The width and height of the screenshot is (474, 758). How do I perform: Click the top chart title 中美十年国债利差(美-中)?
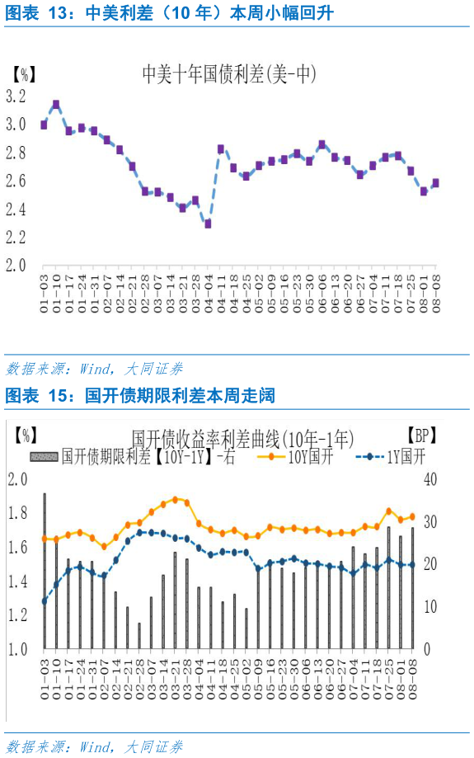[230, 75]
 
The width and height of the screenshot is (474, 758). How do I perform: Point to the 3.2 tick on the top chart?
[16, 97]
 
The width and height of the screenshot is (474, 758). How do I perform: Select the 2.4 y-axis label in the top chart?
[16, 209]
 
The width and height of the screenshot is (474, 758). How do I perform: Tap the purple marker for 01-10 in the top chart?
[56, 105]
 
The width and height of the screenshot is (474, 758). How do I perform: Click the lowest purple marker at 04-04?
[209, 224]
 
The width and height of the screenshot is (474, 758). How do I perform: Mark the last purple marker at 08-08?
[436, 183]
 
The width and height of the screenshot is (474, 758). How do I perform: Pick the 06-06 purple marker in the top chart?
[322, 145]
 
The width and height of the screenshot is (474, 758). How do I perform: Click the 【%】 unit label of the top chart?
[23, 73]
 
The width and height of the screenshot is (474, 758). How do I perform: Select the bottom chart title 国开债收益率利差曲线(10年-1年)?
[243, 437]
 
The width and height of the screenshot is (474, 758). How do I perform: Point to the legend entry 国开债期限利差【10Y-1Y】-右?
[132, 457]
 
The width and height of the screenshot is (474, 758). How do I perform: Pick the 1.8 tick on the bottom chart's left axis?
[18, 513]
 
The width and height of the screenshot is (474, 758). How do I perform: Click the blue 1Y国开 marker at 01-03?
[44, 601]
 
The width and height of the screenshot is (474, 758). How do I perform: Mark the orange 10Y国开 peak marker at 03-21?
[175, 499]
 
